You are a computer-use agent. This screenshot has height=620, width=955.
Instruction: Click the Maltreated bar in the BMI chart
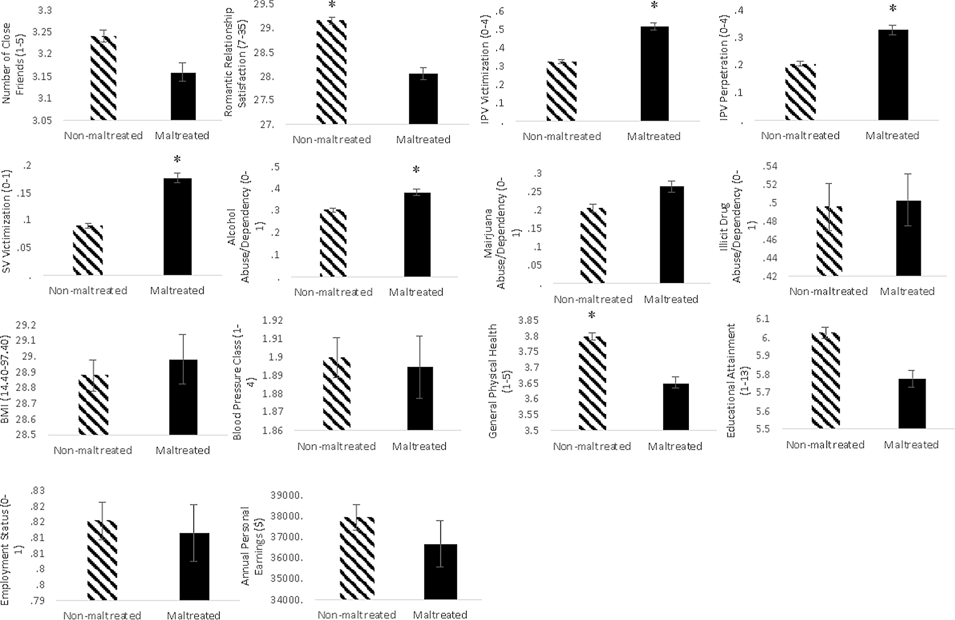point(183,397)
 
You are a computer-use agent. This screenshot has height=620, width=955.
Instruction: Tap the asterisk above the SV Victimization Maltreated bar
point(177,159)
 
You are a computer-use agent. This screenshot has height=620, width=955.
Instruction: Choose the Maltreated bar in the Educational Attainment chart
point(912,403)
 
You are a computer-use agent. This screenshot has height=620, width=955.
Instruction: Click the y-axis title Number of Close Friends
point(13,63)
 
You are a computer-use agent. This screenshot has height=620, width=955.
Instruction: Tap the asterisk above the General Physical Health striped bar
point(592,315)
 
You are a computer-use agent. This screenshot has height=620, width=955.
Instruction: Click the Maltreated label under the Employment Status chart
point(194,615)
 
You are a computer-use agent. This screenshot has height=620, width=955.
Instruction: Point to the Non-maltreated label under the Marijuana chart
point(593,300)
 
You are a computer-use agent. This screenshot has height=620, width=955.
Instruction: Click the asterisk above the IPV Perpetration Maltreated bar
point(893,8)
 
